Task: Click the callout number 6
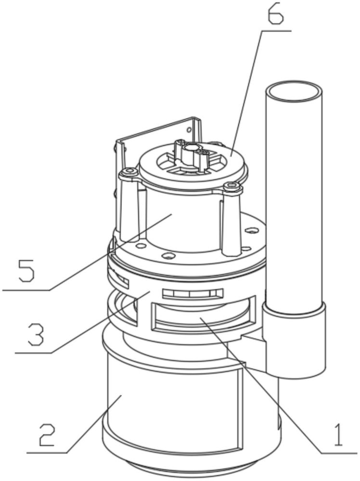coord(276,13)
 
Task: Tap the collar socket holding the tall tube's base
coord(294,338)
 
